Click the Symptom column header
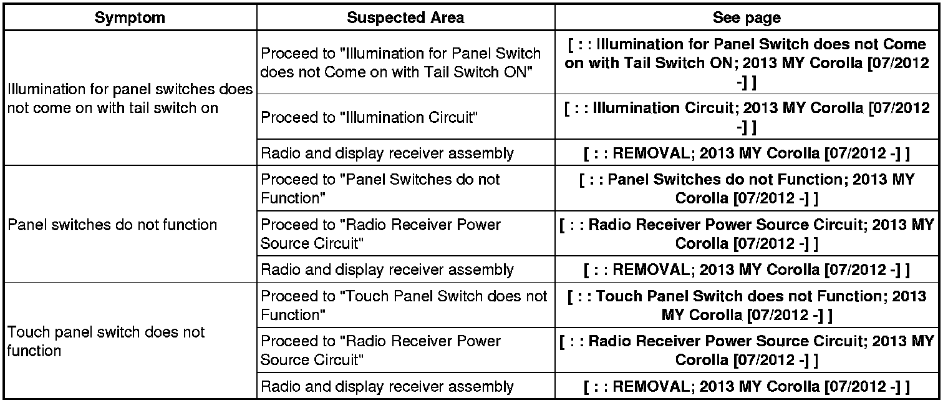130,17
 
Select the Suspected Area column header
405,17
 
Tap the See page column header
747,17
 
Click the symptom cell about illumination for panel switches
130,98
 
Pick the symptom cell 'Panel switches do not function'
112,225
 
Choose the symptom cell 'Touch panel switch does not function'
106,341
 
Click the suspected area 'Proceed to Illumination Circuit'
369,117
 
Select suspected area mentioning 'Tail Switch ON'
400,62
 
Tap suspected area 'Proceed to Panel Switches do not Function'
380,188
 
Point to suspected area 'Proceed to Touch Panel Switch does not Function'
404,306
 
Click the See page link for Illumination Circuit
747,117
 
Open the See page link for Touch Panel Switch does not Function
747,305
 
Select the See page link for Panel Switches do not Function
747,188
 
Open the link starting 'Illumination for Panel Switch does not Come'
747,63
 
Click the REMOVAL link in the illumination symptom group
747,153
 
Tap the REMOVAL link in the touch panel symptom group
747,387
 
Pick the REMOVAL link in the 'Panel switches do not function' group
747,269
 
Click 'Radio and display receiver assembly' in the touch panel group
387,387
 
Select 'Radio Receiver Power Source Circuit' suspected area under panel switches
380,233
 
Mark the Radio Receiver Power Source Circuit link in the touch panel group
747,350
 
